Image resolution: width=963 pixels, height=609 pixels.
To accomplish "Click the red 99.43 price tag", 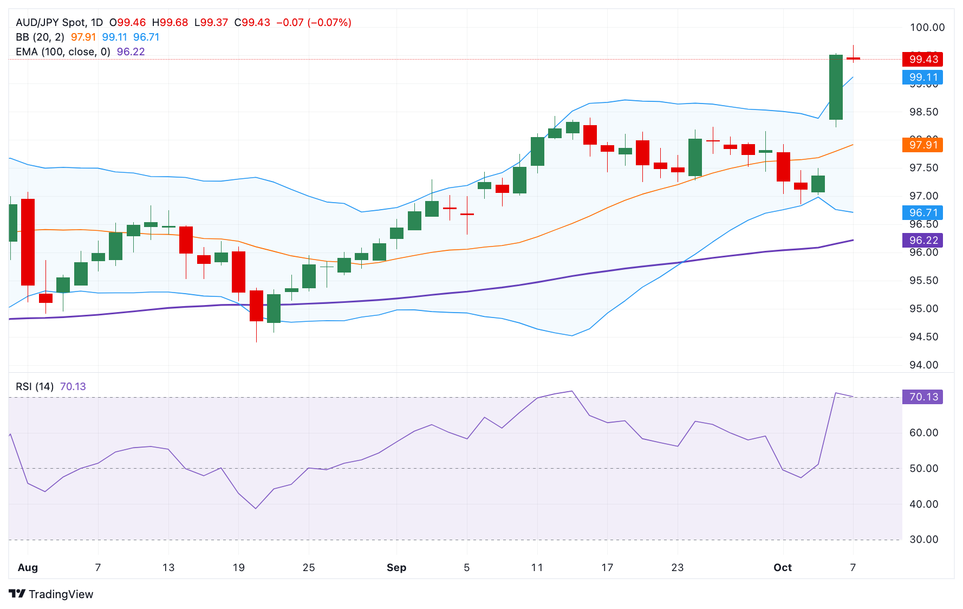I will click(x=922, y=59).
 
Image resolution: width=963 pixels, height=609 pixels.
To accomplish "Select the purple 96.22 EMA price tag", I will click(x=922, y=240).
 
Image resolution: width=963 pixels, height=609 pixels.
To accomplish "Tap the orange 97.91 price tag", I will click(x=922, y=145).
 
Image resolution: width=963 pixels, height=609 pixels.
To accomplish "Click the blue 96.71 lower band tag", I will click(x=922, y=212).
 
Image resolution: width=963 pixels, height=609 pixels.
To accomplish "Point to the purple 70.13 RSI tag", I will click(x=922, y=397).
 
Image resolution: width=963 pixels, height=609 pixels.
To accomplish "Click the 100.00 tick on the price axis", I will click(x=927, y=28).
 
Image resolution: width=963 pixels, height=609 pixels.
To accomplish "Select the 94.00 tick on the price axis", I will click(x=923, y=365).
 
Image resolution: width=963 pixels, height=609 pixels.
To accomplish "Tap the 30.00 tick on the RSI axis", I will click(x=923, y=539).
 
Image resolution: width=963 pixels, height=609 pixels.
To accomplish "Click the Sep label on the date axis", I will click(x=396, y=567).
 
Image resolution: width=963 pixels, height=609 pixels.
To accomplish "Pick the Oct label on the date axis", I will click(x=782, y=567).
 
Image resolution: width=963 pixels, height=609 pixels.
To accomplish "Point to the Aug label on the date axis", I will click(x=28, y=567).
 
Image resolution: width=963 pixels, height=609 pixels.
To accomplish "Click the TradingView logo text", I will click(x=61, y=594).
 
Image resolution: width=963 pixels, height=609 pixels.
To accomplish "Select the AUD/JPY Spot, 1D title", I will click(x=59, y=22).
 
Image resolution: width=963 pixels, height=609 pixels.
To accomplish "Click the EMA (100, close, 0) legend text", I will click(x=63, y=51).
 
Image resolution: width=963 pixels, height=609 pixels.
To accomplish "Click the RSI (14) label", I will click(x=35, y=386).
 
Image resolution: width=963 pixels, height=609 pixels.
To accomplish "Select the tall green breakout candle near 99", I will click(x=835, y=87).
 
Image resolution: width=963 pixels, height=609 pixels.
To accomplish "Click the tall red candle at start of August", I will click(x=28, y=242).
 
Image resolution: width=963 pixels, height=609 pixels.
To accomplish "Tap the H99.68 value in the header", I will click(x=170, y=22).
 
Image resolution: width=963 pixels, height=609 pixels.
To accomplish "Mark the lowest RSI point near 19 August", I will click(x=256, y=508).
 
